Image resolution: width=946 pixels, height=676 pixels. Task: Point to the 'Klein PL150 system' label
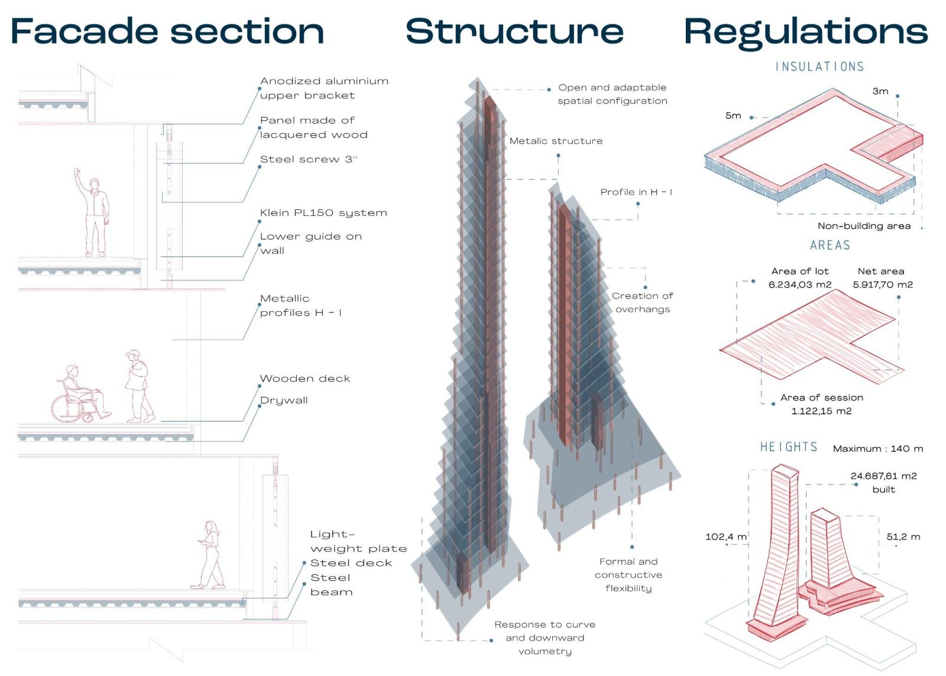[x=323, y=213]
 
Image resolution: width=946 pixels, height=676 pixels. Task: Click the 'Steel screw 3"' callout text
[x=309, y=160]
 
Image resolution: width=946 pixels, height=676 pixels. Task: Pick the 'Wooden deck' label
[x=305, y=379]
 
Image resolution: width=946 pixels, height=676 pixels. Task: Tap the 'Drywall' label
[x=284, y=400]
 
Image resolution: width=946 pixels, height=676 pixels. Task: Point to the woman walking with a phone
[x=210, y=555]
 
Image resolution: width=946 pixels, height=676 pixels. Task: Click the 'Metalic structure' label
[x=556, y=141]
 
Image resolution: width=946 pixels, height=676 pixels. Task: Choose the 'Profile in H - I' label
[x=636, y=192]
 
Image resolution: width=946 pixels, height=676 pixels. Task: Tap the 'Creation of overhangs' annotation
[x=643, y=302]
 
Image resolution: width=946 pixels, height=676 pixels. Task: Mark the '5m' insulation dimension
[x=733, y=116]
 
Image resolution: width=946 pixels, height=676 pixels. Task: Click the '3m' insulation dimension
[x=880, y=91]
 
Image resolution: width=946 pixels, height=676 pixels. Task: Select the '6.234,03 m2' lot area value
[x=800, y=285]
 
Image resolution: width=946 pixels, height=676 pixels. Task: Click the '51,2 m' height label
[x=903, y=537]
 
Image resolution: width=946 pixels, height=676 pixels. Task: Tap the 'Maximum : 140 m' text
[x=878, y=449]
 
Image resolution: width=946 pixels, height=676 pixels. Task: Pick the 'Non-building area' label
[x=864, y=226]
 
